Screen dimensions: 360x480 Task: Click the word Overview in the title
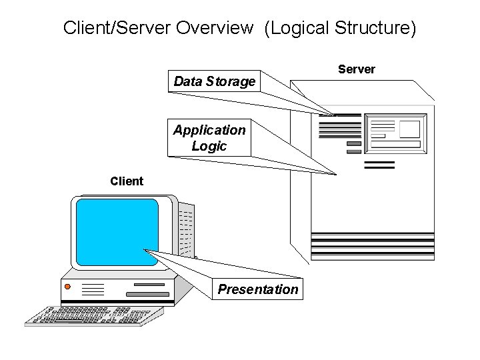214,28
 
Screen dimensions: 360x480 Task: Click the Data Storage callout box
214,81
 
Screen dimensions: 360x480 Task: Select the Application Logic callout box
209,138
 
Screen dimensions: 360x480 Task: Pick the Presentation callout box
258,289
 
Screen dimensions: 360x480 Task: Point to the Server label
357,69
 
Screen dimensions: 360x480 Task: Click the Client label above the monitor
127,181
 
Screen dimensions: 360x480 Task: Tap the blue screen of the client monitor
117,232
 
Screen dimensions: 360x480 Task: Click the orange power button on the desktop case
67,287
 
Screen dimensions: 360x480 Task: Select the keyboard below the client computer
93,315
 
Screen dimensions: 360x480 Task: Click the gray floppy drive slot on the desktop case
147,293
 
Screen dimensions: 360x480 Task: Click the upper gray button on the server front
353,143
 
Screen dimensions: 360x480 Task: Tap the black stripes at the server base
372,245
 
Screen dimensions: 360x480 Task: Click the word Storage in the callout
231,81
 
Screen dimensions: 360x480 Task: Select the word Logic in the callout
209,146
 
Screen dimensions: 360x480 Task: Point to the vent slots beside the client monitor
187,230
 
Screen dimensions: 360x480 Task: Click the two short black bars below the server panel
380,164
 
